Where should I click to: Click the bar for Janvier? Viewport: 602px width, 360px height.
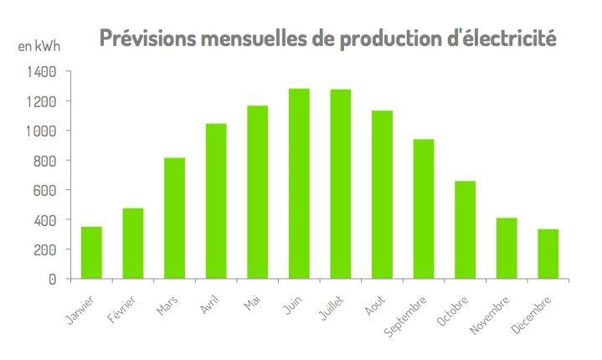(92, 253)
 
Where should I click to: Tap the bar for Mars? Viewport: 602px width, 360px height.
(175, 218)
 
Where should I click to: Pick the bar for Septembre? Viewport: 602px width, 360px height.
(424, 208)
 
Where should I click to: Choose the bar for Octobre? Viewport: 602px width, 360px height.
(466, 229)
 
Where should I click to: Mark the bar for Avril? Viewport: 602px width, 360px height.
(216, 201)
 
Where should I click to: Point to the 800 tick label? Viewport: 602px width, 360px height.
(44, 161)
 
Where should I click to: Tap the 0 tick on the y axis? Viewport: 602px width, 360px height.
(52, 279)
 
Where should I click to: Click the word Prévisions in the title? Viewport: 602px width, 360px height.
(147, 38)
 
